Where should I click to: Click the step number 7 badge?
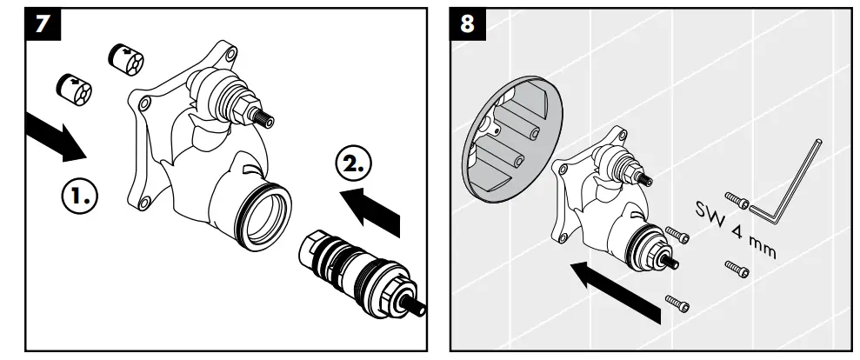(35, 23)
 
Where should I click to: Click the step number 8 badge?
(468, 23)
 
